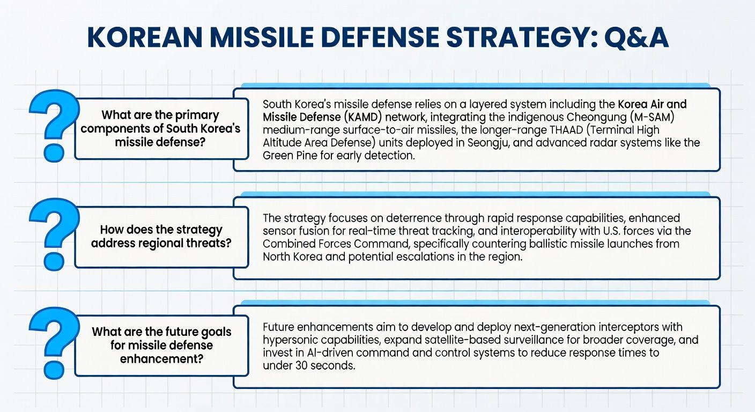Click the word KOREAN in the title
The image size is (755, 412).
click(145, 37)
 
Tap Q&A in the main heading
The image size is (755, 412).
click(636, 38)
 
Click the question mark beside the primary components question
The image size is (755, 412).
click(54, 126)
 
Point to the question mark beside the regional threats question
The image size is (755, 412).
click(54, 234)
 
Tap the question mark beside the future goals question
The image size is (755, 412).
click(54, 343)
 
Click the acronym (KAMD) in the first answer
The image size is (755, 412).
click(363, 117)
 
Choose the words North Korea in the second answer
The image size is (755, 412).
click(293, 257)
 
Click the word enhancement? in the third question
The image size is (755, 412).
click(162, 359)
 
